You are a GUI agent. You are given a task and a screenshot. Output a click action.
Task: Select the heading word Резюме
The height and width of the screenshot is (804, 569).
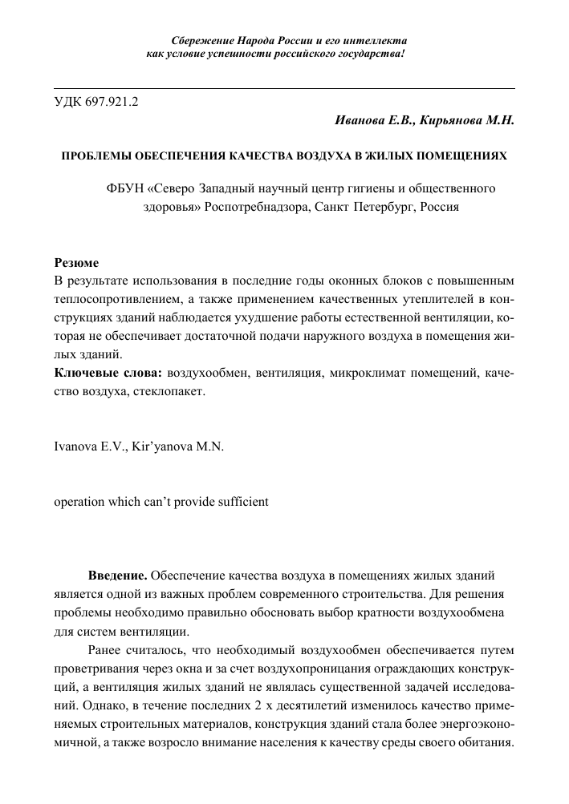[x=76, y=263]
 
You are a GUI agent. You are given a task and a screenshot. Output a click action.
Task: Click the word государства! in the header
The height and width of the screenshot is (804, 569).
[x=371, y=54]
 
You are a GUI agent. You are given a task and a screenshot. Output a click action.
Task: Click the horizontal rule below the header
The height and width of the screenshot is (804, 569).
[x=284, y=87]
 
